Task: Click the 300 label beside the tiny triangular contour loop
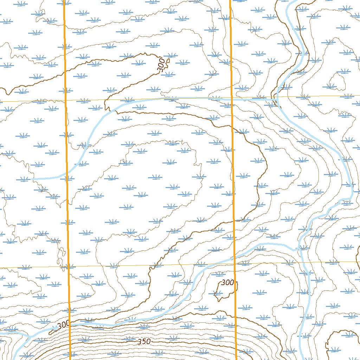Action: (161, 66)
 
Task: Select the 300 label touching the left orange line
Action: (63, 325)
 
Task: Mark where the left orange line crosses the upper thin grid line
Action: (66, 100)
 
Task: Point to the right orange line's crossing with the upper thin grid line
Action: (232, 97)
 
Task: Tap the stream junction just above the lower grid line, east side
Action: (299, 249)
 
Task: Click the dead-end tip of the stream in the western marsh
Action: (32, 179)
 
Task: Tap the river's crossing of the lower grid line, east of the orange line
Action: (308, 262)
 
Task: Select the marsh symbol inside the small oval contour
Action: (331, 86)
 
